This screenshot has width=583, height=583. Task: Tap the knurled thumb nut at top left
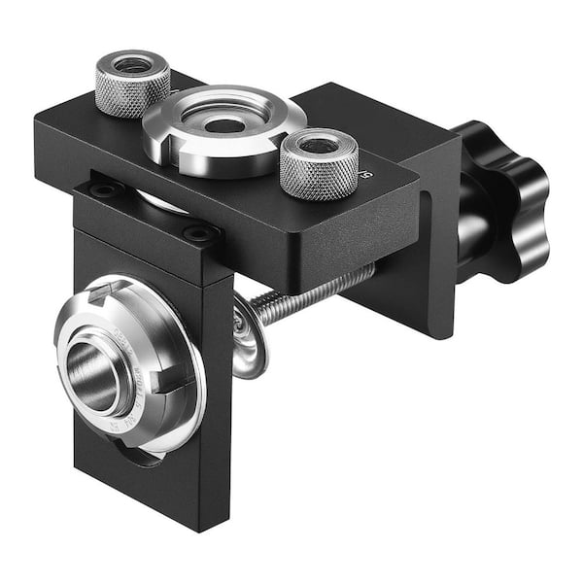[x=133, y=82]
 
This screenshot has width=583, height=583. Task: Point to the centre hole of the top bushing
[x=224, y=125]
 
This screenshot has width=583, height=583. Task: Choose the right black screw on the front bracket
[x=199, y=233]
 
